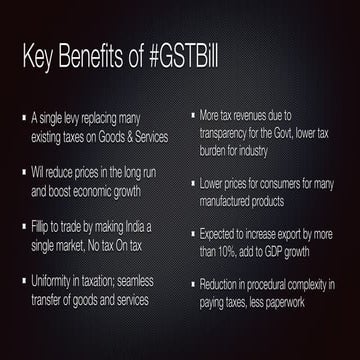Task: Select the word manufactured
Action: click(x=236, y=202)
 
